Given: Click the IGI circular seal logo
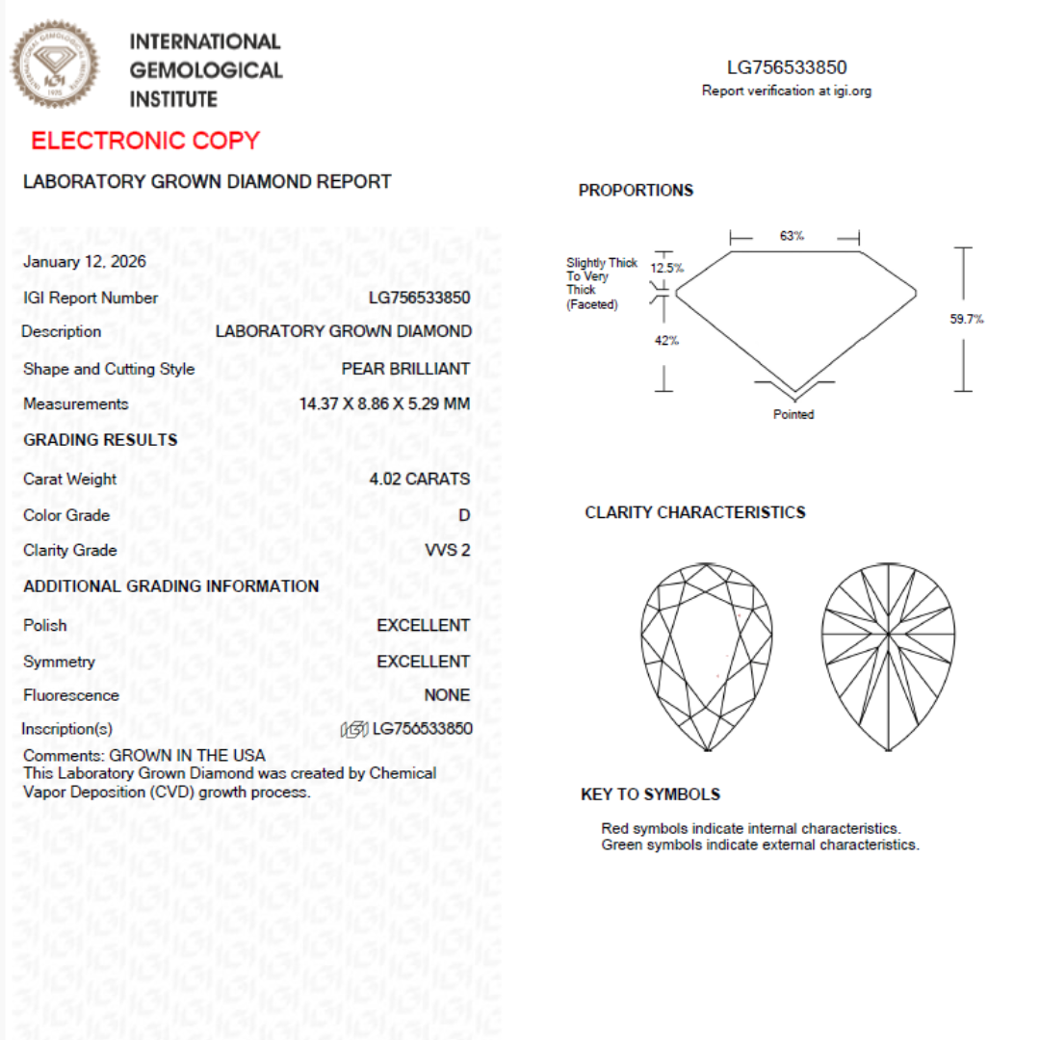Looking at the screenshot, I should tap(55, 65).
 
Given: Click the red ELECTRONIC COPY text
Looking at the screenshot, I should tap(145, 141).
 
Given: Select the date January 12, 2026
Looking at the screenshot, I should tap(85, 262).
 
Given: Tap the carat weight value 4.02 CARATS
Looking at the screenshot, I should tap(419, 479).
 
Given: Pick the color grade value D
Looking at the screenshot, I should tap(464, 515).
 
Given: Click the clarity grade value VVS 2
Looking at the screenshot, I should tap(447, 550).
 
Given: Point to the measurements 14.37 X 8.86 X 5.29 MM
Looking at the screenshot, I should tap(384, 403).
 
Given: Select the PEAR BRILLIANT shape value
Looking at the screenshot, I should tap(405, 369).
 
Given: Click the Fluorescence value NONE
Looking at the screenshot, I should tap(447, 695).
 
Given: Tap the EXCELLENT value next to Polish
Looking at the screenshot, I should tap(423, 626).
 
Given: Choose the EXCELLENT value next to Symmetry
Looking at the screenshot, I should tap(423, 662).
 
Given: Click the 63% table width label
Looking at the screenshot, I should tap(793, 236).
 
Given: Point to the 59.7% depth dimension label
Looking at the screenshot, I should tap(967, 320).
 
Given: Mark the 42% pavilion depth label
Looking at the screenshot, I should tap(666, 340).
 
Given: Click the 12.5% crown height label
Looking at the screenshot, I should tap(666, 268).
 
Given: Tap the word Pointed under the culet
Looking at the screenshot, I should tap(793, 415).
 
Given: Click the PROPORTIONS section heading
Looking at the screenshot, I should tap(636, 191).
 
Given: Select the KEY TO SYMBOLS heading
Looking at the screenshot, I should tap(650, 794).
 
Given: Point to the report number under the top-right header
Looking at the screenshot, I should tap(787, 67).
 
